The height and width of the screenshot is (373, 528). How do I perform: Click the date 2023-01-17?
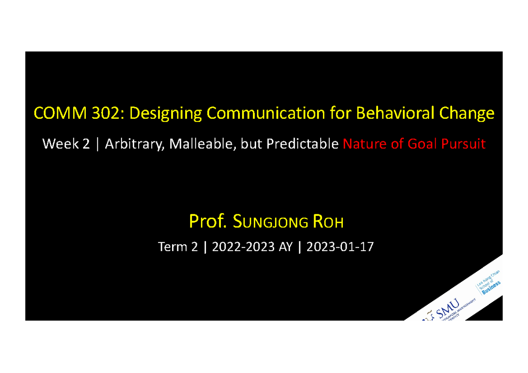(x=340, y=247)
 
